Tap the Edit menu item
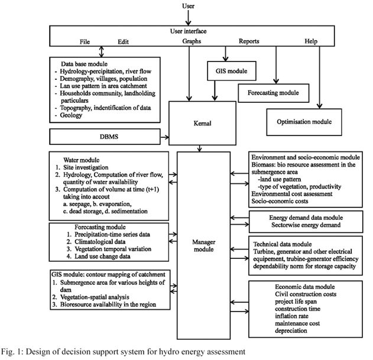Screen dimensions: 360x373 click(123, 41)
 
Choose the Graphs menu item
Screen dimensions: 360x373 click(188, 41)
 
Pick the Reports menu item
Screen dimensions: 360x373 click(252, 41)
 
